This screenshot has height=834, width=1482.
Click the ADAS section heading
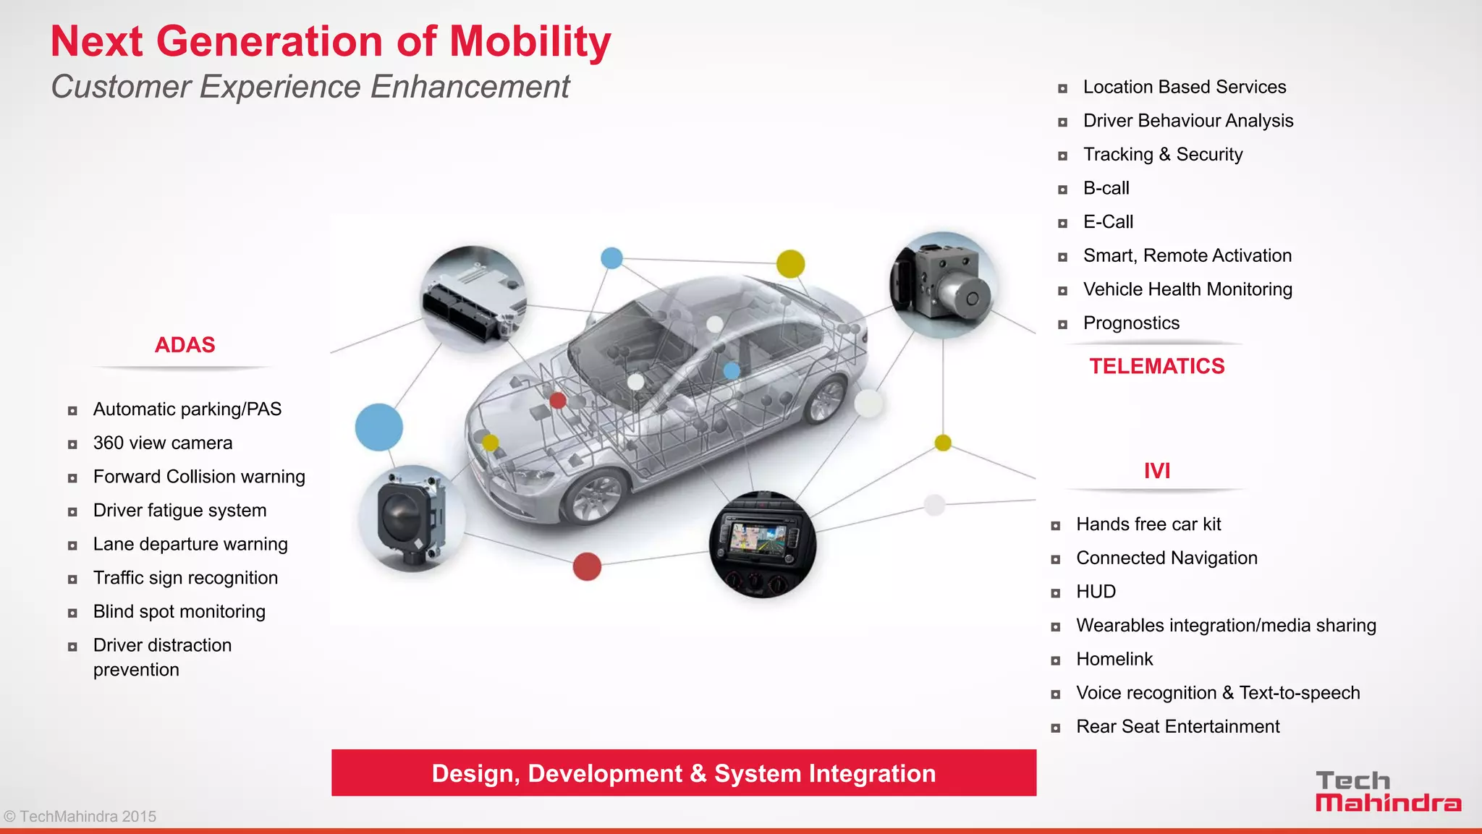click(x=185, y=345)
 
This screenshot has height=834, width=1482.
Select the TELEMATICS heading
click(x=1156, y=366)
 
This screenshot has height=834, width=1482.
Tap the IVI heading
click(x=1156, y=471)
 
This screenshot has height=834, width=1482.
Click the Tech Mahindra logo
click(x=1387, y=791)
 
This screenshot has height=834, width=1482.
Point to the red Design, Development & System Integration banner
click(x=684, y=773)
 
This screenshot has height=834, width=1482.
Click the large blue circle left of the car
click(x=378, y=427)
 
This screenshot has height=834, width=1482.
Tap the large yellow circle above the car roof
click(x=790, y=264)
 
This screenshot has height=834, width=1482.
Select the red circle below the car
click(x=587, y=566)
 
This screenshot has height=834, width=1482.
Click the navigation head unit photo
click(x=763, y=544)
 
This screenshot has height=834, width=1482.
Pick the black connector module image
click(x=475, y=299)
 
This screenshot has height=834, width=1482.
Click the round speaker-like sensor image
click(x=411, y=518)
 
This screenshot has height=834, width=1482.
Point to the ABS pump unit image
click(x=942, y=284)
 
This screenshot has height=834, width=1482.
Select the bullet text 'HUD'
click(x=1096, y=592)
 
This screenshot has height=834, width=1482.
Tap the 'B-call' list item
click(x=1106, y=188)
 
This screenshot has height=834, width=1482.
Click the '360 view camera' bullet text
click(x=163, y=443)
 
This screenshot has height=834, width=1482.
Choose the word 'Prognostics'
click(x=1131, y=323)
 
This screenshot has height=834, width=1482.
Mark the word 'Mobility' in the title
click(x=530, y=41)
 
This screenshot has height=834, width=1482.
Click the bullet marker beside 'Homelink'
click(x=1056, y=660)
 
